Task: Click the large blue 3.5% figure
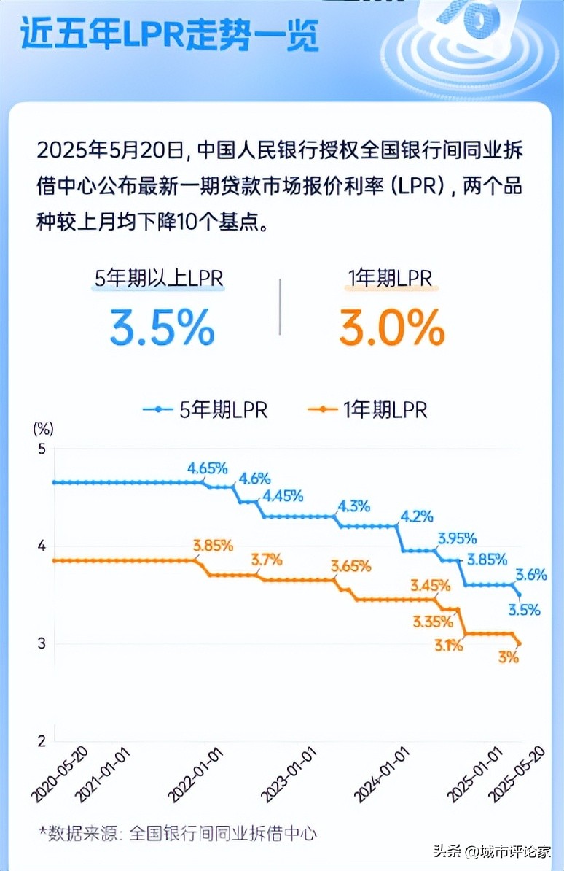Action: [x=162, y=328]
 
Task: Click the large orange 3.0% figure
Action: [x=391, y=328]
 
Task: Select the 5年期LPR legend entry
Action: [x=205, y=410]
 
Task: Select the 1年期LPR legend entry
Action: [x=367, y=410]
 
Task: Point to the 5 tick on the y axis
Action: [x=41, y=449]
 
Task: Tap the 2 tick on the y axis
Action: [x=41, y=741]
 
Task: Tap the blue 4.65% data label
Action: [x=208, y=468]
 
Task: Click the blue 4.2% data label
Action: [x=417, y=516]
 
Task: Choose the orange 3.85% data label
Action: [x=213, y=545]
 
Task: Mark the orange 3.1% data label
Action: [x=449, y=644]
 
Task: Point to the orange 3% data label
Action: [x=509, y=657]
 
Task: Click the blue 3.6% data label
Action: [x=531, y=575]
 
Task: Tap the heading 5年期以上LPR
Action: [x=159, y=278]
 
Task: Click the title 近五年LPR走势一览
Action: [x=169, y=34]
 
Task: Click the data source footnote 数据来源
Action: [x=179, y=833]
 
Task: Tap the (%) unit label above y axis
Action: [x=43, y=427]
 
